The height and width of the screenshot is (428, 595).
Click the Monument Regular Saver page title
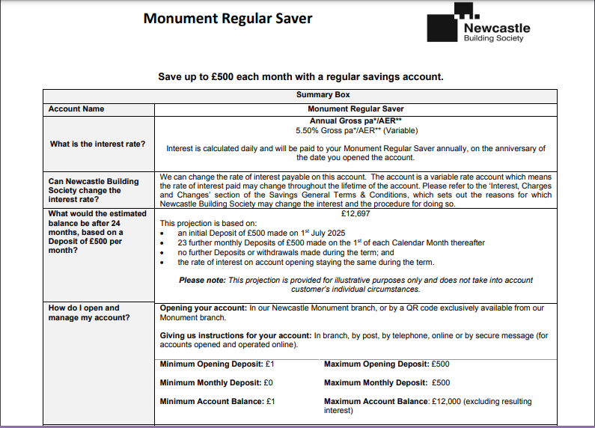[x=228, y=19]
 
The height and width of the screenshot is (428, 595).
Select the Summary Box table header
[x=323, y=95]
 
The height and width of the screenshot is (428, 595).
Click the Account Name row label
[x=76, y=109]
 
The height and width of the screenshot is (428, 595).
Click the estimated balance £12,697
[x=356, y=213]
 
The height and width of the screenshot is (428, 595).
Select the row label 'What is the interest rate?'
[x=97, y=144]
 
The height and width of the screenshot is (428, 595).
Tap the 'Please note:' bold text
[x=202, y=280]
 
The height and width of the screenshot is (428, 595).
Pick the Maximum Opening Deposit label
[x=376, y=364]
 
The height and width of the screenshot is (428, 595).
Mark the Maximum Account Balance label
[x=376, y=402]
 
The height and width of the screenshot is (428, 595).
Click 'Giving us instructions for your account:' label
[x=235, y=336]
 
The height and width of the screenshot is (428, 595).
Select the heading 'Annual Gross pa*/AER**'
[x=356, y=120]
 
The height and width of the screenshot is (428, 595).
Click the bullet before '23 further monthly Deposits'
[x=163, y=243]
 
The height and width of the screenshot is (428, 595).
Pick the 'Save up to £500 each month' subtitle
[x=300, y=77]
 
